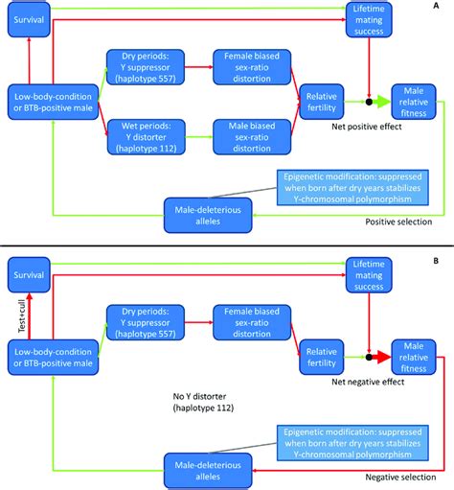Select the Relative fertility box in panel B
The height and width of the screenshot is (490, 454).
(323, 350)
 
